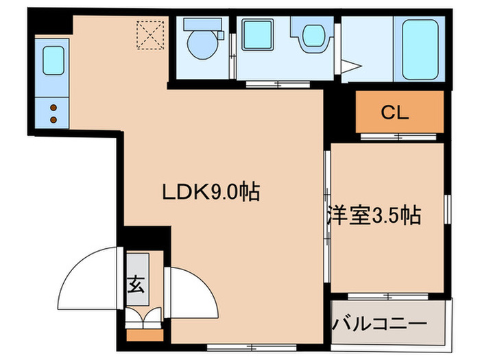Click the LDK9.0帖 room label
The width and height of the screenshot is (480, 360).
[211, 193]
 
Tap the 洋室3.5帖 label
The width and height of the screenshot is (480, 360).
[373, 216]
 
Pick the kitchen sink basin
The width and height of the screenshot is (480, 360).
[53, 60]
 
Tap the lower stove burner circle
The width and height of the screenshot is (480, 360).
[53, 120]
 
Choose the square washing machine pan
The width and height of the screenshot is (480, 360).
[258, 34]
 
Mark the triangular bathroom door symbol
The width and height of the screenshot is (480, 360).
[352, 67]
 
